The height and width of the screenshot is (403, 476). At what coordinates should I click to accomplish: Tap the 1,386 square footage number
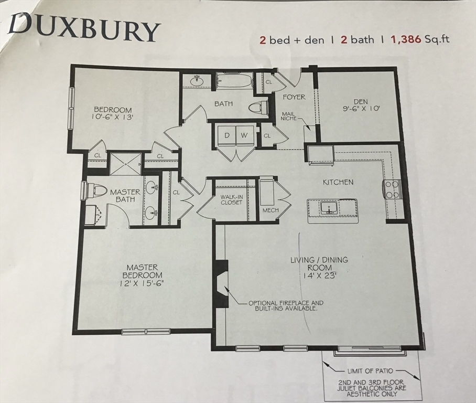pyautogui.click(x=404, y=40)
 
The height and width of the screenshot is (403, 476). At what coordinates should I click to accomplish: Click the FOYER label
pyautogui.click(x=294, y=97)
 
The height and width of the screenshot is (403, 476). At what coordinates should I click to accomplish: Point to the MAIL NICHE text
pyautogui.click(x=289, y=116)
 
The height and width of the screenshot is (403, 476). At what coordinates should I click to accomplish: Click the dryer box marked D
pyautogui.click(x=226, y=135)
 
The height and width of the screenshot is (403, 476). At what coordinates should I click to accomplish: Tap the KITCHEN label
pyautogui.click(x=338, y=182)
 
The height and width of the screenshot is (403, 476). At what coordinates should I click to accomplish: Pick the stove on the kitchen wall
pyautogui.click(x=393, y=189)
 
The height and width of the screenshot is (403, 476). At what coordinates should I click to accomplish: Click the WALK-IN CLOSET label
pyautogui.click(x=231, y=199)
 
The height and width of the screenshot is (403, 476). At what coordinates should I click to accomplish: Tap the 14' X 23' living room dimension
pyautogui.click(x=319, y=274)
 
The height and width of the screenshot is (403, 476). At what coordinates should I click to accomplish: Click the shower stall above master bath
pyautogui.click(x=125, y=163)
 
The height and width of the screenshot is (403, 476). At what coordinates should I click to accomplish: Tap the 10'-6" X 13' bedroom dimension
pyautogui.click(x=108, y=118)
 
